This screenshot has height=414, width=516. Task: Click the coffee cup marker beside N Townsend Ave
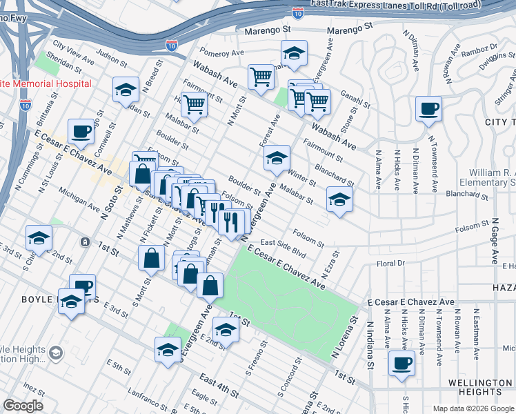click(x=428, y=108)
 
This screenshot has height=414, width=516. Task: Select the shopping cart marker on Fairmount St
click(x=195, y=104)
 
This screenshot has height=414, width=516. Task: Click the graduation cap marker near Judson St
click(x=126, y=90)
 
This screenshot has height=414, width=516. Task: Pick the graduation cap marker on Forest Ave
click(x=277, y=159)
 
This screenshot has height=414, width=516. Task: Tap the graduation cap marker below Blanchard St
click(x=339, y=199)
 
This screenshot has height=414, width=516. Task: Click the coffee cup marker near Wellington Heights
click(x=401, y=363)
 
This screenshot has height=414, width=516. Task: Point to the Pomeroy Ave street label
click(x=222, y=52)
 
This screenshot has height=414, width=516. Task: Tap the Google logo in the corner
click(x=23, y=406)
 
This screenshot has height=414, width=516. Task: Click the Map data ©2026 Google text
click(x=473, y=408)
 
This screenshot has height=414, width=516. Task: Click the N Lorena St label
click(x=346, y=339)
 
